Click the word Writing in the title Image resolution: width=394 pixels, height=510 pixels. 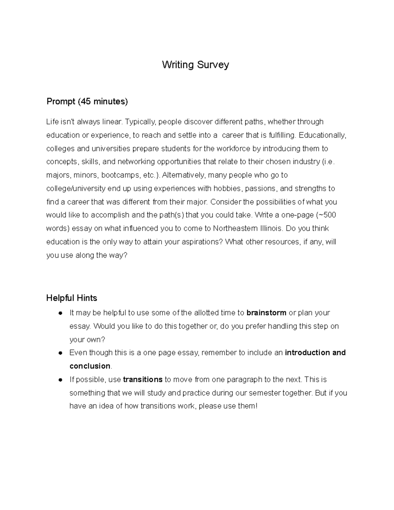click(178, 65)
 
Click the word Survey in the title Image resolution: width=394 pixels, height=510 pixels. click(213, 65)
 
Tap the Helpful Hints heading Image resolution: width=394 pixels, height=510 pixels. click(72, 298)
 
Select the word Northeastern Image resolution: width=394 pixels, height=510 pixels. click(235, 228)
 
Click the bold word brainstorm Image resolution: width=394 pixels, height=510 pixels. click(266, 313)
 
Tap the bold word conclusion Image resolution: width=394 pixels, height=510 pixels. click(90, 366)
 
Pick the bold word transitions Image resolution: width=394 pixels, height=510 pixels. click(142, 380)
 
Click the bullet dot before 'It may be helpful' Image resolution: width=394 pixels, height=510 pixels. click(60, 313)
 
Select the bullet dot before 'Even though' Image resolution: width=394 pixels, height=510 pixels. click(60, 353)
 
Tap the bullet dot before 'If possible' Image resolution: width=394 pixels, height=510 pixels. click(60, 380)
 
